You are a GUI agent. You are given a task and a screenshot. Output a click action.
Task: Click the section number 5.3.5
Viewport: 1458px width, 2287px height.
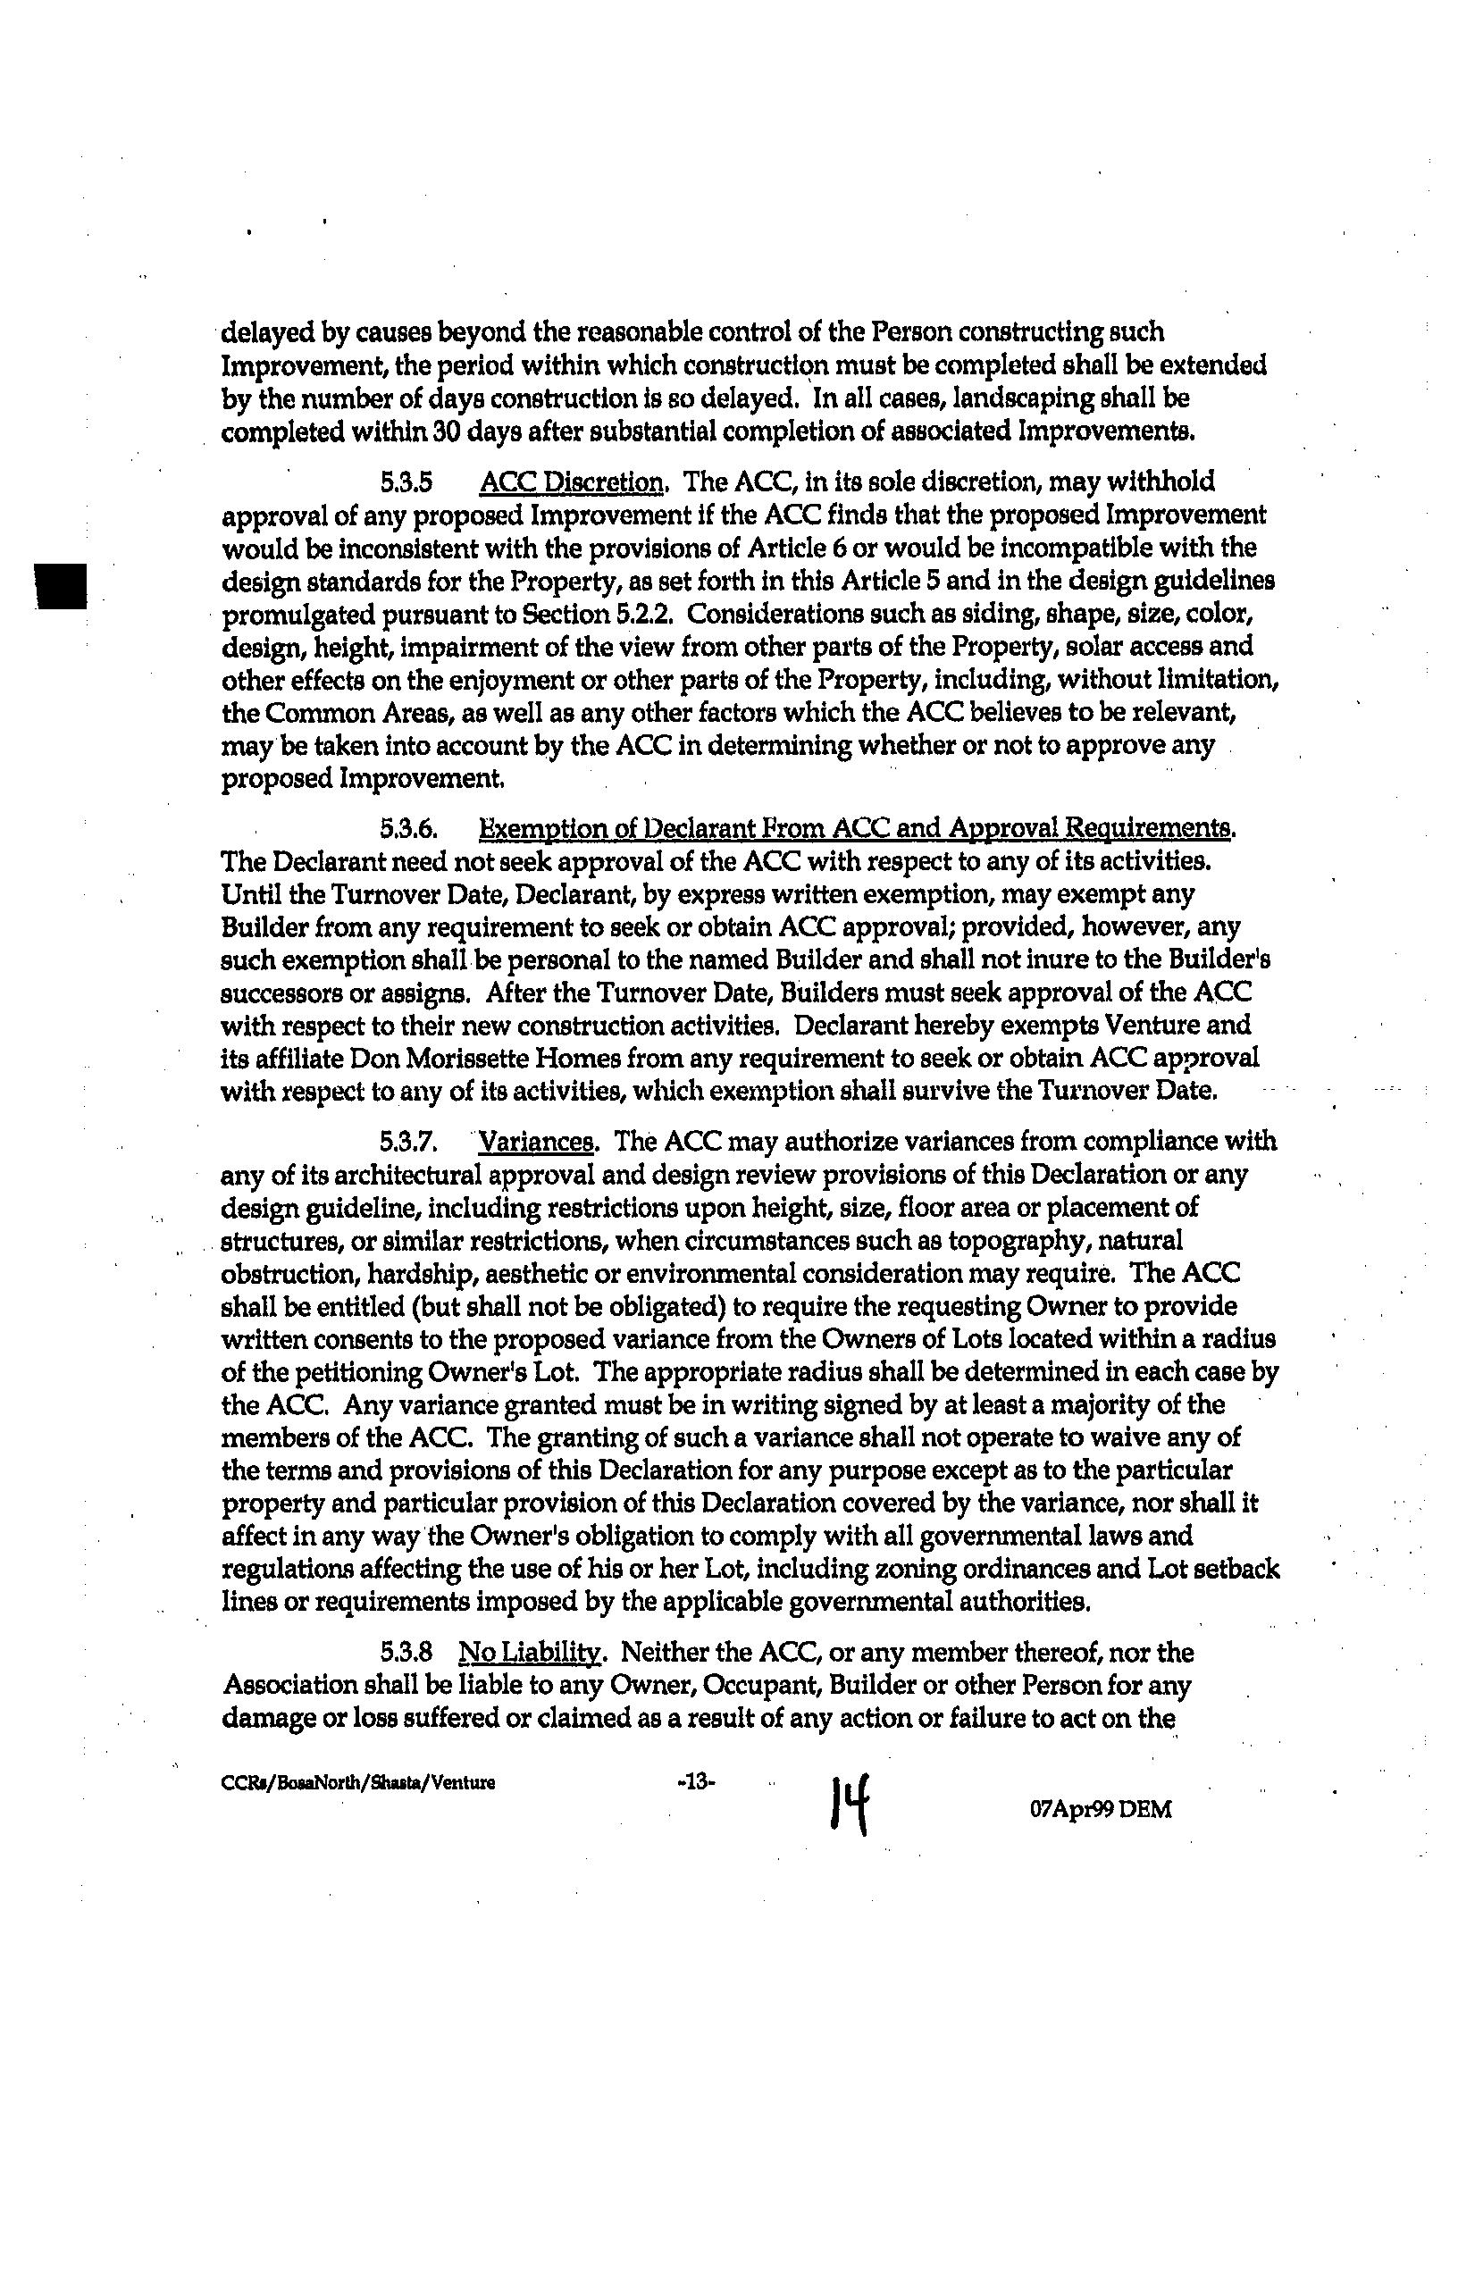coord(406,482)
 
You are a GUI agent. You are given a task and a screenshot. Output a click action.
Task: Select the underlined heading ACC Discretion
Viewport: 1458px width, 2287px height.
coord(572,482)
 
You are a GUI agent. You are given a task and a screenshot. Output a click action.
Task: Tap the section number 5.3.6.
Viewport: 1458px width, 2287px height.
coord(408,829)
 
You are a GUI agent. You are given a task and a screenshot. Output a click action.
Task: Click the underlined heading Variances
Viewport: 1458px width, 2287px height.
coord(537,1141)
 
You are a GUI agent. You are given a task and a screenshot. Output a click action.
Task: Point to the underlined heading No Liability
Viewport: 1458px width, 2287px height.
coord(529,1653)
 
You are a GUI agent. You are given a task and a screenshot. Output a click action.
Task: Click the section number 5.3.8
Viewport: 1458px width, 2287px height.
coord(406,1653)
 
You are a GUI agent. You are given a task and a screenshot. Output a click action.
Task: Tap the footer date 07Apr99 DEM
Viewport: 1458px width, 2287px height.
coord(1100,1809)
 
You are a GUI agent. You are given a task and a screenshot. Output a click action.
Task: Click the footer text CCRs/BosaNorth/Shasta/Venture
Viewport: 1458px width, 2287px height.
coord(357,1782)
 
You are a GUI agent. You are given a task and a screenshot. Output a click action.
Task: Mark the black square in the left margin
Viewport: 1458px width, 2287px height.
coord(60,585)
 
